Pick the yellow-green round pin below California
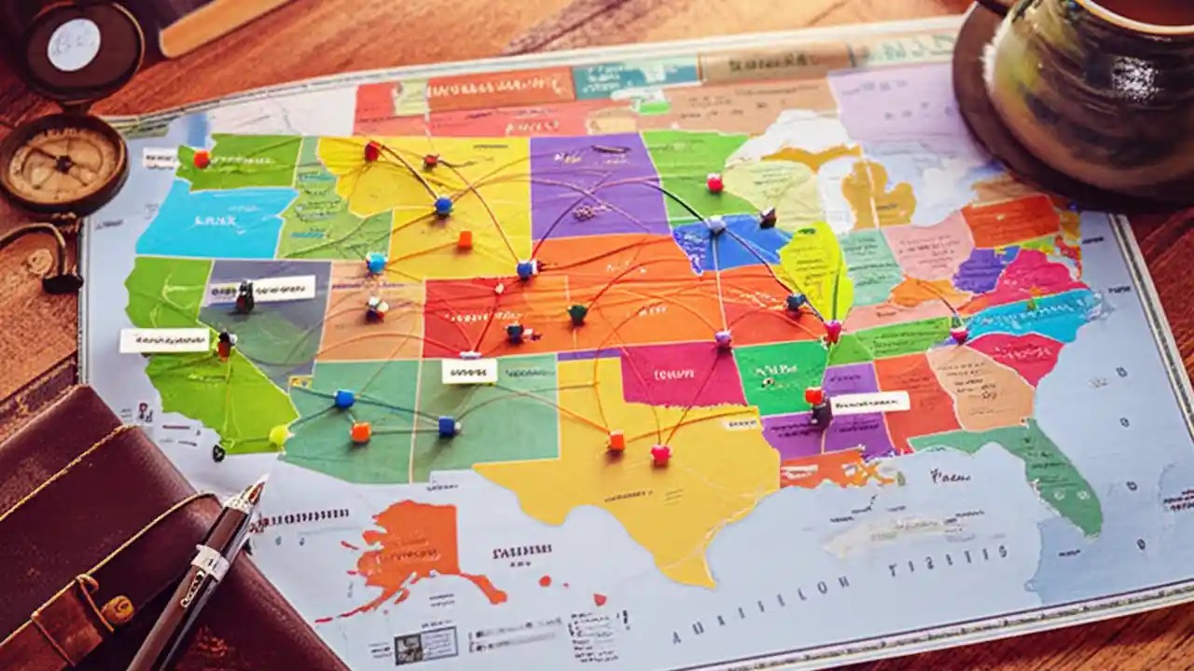279,434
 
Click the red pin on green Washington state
201,158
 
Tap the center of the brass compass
63,164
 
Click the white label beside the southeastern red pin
869,403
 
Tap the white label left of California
164,340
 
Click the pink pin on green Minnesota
715,183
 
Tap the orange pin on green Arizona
360,431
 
